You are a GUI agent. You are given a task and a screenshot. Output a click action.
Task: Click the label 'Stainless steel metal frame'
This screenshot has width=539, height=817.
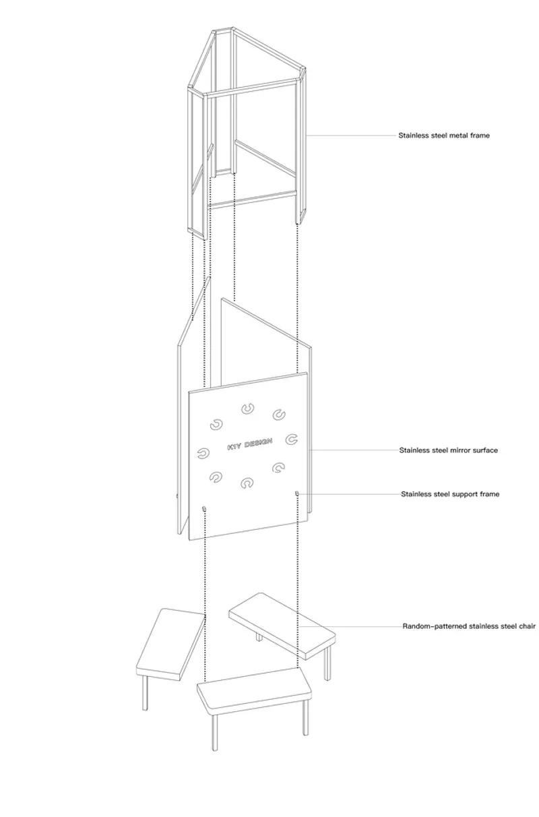pos(443,135)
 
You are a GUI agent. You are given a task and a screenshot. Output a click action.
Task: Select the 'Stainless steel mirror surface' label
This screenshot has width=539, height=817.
pos(448,450)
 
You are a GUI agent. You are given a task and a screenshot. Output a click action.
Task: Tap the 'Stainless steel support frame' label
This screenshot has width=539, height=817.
pos(450,494)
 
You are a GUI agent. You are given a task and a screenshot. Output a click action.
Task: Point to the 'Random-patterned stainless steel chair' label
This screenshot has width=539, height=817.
pos(469,626)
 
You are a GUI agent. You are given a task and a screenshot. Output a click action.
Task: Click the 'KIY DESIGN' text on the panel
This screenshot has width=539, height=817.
pos(250,444)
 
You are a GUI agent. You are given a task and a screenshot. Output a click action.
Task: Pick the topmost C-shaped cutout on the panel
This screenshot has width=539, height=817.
pos(248,409)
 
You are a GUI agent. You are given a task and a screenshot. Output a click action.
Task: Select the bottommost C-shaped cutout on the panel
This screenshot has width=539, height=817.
pos(247,483)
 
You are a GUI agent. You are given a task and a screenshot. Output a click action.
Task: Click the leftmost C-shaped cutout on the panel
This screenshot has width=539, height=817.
pos(203,454)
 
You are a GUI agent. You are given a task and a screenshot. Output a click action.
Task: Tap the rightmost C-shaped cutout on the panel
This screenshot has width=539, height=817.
pos(291,439)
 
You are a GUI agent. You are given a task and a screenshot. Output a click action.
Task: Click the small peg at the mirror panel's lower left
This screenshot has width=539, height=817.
pos(204,508)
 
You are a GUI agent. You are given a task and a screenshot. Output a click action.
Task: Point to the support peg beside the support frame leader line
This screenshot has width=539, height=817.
pos(297,493)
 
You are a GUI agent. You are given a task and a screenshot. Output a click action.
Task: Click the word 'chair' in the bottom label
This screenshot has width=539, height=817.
pos(527,626)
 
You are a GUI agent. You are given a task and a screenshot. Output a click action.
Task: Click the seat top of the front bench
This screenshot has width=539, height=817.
pos(255,689)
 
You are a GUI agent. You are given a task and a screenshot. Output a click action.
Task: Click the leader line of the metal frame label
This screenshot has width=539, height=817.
pos(352,135)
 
